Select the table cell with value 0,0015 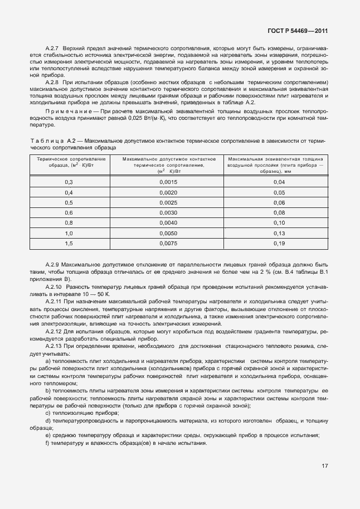point(168,182)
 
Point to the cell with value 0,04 point(279,182)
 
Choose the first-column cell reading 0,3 point(69,182)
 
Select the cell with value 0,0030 point(168,212)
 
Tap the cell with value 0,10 point(279,222)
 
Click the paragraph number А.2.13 point(56,346)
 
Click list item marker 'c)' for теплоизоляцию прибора point(47,413)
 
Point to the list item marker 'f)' point(47,443)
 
